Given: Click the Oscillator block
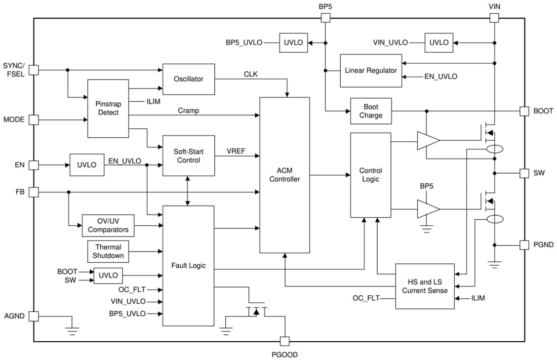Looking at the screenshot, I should pos(188,79).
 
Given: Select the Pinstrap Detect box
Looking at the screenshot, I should pos(108,108).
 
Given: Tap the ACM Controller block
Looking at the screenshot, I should pos(284,175).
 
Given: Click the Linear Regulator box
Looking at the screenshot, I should pos(371,70).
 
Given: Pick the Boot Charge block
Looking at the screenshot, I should pos(371,111).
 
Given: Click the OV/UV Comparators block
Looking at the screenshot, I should pos(108,225).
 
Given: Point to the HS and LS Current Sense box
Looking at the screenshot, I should pos(425,286).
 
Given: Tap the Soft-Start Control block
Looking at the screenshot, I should pos(188,155).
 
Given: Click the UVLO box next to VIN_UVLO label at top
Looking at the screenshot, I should pos(439,43).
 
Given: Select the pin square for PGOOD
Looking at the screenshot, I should pos(285,341).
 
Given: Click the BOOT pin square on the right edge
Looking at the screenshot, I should pos(525,111).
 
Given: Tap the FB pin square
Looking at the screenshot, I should pos(33,192).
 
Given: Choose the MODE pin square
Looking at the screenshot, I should pos(33,120).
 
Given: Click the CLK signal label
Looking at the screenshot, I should pos(251,74).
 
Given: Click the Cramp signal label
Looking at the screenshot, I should pos(188,110).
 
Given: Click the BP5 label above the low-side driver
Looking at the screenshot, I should pos(427,186).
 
